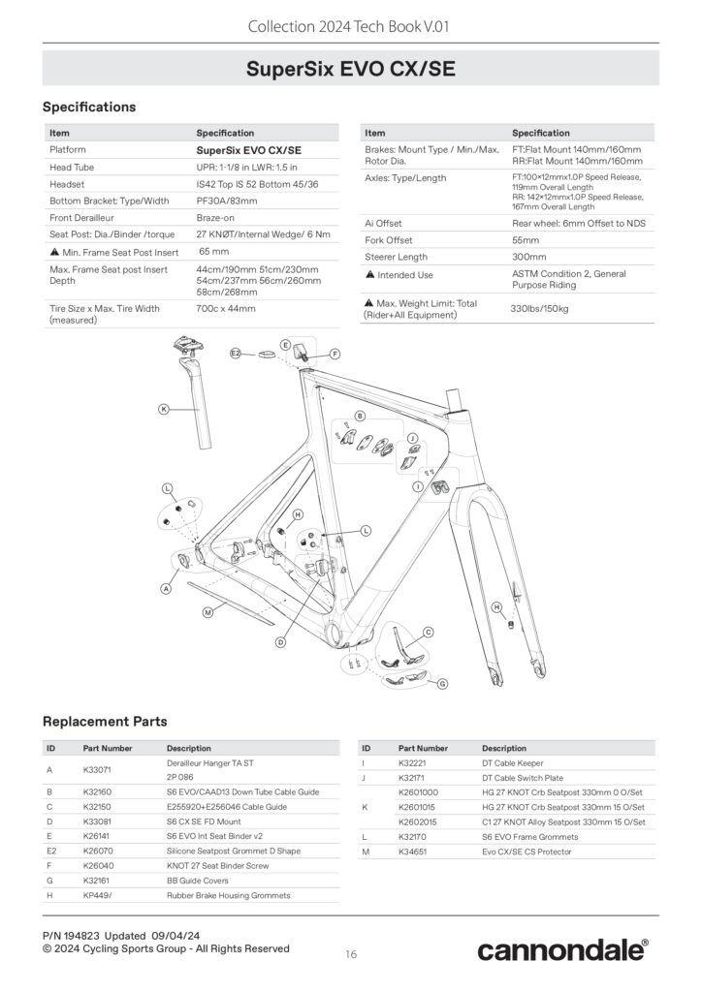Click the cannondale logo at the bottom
pyautogui.click(x=562, y=950)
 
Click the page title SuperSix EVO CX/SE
pyautogui.click(x=351, y=69)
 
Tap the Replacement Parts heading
pyautogui.click(x=105, y=721)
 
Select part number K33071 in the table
pyautogui.click(x=97, y=770)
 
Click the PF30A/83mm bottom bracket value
pyautogui.click(x=227, y=201)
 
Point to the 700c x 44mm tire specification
pyautogui.click(x=226, y=309)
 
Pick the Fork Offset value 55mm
pyautogui.click(x=526, y=240)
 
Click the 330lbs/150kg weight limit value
pyautogui.click(x=539, y=309)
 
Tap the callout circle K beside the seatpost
pyautogui.click(x=164, y=410)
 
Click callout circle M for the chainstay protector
pyautogui.click(x=207, y=612)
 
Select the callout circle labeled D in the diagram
pyautogui.click(x=281, y=642)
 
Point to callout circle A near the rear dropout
pyautogui.click(x=166, y=588)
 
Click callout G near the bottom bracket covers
pyautogui.click(x=443, y=684)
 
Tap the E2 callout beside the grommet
pyautogui.click(x=236, y=353)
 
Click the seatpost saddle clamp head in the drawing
pyautogui.click(x=188, y=348)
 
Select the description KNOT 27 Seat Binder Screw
pyautogui.click(x=218, y=865)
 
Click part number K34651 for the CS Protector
pyautogui.click(x=413, y=852)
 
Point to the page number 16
pyautogui.click(x=351, y=954)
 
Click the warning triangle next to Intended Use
pyautogui.click(x=370, y=274)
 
